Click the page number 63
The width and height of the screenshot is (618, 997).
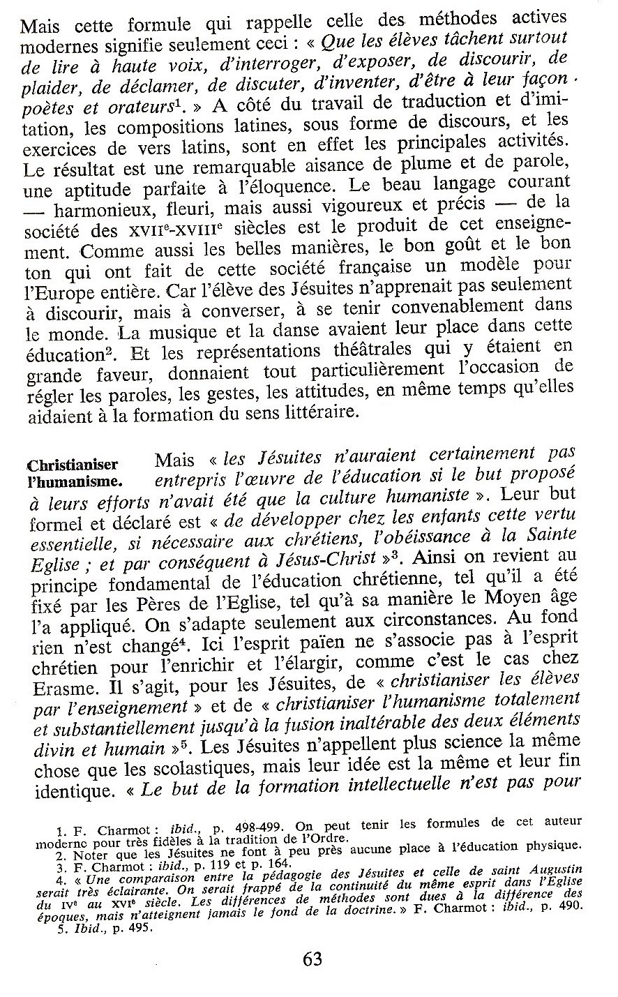[x=312, y=959]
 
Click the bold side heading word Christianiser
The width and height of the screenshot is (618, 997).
[x=72, y=465]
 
